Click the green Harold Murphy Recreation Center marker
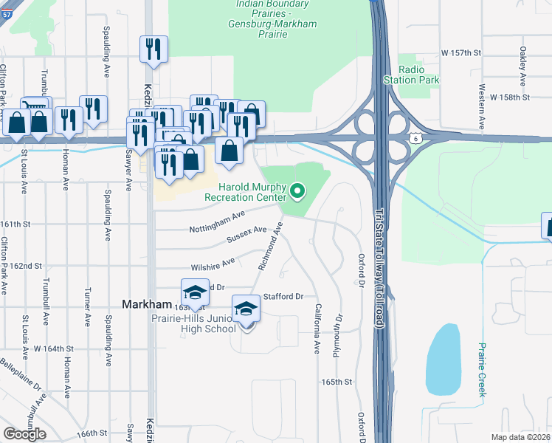coord(297,192)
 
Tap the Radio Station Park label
coord(411,75)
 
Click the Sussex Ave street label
coord(246,236)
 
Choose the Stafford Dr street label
coord(283,296)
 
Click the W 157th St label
coord(460,53)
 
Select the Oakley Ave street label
coord(522,65)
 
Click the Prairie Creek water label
coord(482,369)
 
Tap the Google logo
coord(25,433)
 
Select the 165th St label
coord(336,382)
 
